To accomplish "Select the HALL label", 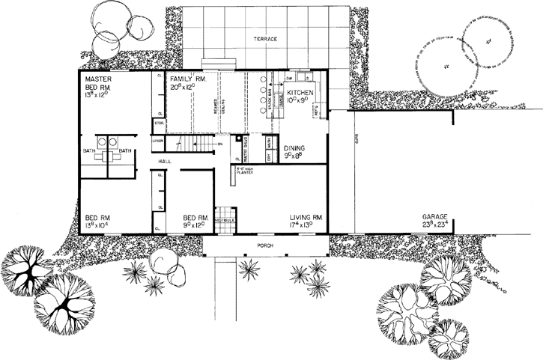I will [166, 162].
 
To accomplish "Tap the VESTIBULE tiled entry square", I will [225, 218].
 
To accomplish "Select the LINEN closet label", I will [158, 141].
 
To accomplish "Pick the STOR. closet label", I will [159, 122].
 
